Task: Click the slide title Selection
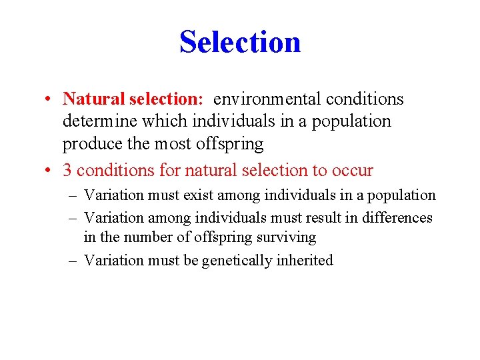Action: point(240,42)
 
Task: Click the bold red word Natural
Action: point(93,99)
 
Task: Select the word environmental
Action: point(267,99)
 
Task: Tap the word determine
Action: point(95,122)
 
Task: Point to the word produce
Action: point(90,144)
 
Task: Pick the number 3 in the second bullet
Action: point(67,171)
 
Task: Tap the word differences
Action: point(397,218)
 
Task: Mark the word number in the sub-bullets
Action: point(145,237)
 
